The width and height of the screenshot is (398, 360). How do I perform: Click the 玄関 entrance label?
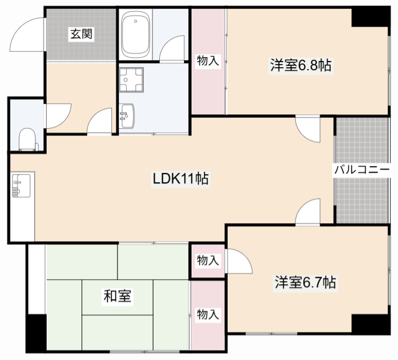tap(81, 34)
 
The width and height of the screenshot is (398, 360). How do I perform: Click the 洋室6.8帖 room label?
tap(300, 65)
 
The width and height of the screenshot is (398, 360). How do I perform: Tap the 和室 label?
tap(117, 296)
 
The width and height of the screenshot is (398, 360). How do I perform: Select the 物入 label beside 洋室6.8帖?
tap(208, 61)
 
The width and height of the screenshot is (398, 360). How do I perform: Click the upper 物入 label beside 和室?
tap(208, 261)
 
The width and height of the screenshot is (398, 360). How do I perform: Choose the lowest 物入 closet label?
tap(208, 315)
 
